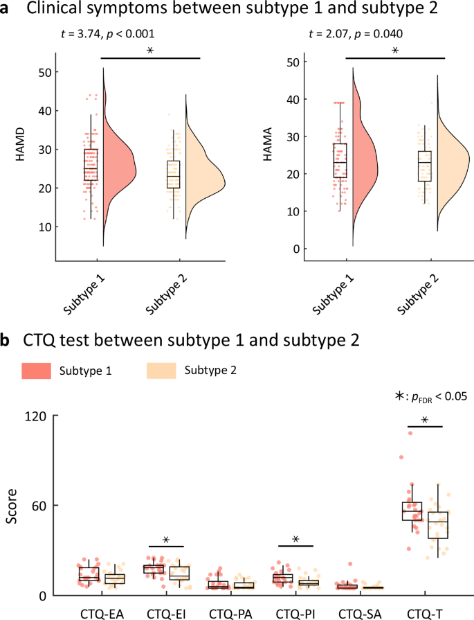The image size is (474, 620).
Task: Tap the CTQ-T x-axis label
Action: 423,612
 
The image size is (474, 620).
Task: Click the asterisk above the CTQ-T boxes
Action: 424,420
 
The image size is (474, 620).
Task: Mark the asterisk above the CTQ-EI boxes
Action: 166,540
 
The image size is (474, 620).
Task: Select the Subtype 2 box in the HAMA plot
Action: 424,166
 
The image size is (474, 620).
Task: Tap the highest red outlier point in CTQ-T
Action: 410,433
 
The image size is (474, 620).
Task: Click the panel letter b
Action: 6,341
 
